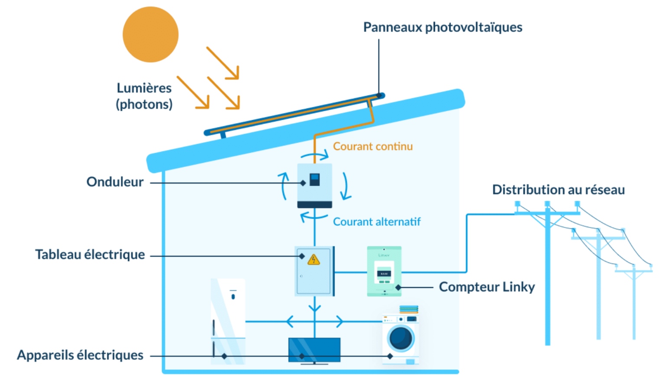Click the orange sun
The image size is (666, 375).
[x=150, y=34]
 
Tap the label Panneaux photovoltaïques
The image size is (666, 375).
[x=442, y=27]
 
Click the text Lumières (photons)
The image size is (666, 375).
[x=144, y=96]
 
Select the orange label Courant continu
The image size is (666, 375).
[x=372, y=146]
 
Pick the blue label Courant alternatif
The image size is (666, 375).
[x=376, y=222]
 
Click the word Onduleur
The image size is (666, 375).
[x=115, y=182]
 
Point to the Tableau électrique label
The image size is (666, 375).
[x=90, y=254]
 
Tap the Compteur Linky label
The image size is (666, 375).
[x=486, y=287]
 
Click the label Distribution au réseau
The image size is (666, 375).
[x=558, y=190]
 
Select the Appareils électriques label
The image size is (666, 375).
[x=80, y=355]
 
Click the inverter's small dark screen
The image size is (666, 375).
[x=315, y=179]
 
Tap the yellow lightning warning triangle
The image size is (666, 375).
[x=313, y=260]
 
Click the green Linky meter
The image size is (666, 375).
[x=384, y=271]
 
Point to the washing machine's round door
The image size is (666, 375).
[x=401, y=338]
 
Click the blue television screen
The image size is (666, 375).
[x=314, y=349]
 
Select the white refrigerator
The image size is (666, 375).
[x=228, y=321]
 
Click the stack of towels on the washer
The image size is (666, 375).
[x=408, y=309]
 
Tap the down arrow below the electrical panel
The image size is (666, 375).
[x=315, y=308]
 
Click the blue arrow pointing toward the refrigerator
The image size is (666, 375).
[x=290, y=322]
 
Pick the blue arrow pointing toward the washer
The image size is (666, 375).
[x=340, y=322]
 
